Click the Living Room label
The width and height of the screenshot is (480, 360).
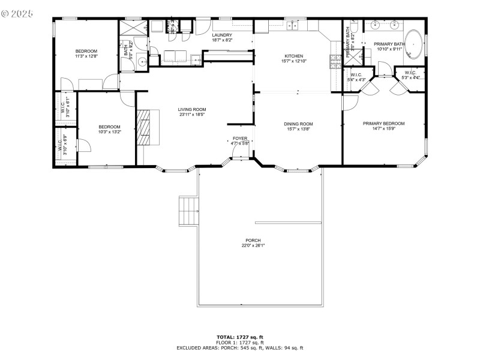point(191,112)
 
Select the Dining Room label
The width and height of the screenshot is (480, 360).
point(298,127)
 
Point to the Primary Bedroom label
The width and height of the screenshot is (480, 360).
point(383,126)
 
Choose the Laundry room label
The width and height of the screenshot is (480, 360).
point(222,38)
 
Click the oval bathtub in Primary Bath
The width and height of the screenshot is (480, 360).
point(413,45)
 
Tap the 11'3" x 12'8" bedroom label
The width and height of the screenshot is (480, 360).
point(86,53)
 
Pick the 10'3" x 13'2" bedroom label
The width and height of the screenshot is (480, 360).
point(110,129)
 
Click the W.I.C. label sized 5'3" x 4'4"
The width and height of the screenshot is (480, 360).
point(410,75)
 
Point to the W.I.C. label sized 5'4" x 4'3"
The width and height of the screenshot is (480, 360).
point(358,77)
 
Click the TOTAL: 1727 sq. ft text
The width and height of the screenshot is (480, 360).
point(240,337)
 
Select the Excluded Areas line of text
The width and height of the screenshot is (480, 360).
point(240,348)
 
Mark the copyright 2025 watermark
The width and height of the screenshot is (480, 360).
point(18,12)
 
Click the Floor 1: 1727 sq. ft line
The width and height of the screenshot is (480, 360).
point(240,343)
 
